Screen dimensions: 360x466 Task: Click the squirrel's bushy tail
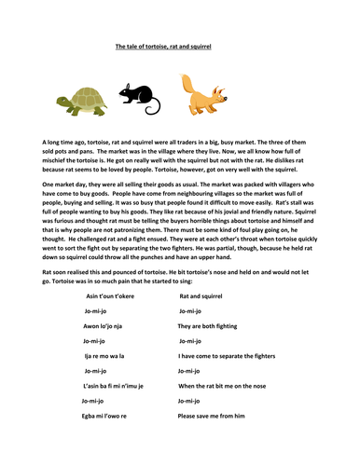175,89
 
